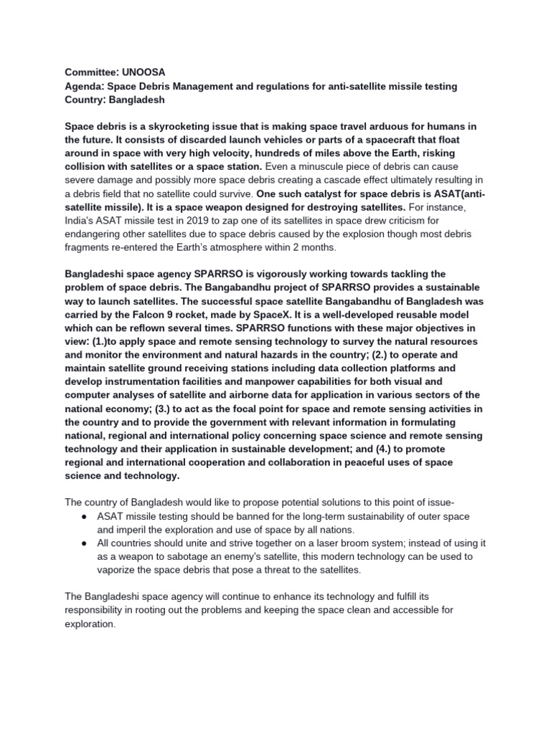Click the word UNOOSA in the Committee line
pos(145,73)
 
